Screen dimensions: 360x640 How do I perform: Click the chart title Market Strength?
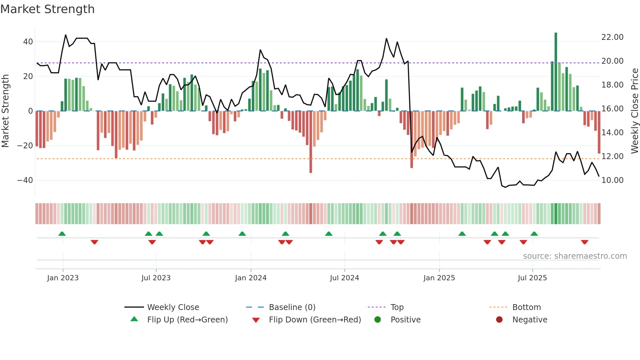(x=47, y=9)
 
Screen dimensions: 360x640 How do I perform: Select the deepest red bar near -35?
(x=311, y=142)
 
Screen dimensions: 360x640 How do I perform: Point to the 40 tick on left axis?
(x=28, y=42)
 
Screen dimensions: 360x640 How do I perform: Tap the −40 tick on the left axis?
(x=25, y=180)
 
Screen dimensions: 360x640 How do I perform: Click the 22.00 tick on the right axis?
(x=612, y=37)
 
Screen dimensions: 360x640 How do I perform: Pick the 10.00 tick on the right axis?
(x=612, y=180)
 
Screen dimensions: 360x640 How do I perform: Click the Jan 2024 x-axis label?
(x=251, y=278)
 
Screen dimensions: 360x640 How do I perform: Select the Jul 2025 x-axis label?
(x=532, y=278)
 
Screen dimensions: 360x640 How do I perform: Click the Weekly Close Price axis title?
(x=634, y=111)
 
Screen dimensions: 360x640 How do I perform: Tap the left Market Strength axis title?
(x=5, y=111)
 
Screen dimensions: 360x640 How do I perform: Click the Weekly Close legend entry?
(x=173, y=307)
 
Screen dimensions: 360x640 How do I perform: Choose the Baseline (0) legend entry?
(x=292, y=307)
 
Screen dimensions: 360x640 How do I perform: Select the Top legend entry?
(x=397, y=307)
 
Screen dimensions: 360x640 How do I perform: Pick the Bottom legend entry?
(x=526, y=307)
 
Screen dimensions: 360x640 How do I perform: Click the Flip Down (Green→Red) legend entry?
(x=315, y=320)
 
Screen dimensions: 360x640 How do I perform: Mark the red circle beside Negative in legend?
(x=499, y=320)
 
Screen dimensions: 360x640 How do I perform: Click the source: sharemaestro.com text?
(x=575, y=256)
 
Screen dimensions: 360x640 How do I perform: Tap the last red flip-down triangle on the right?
(x=584, y=242)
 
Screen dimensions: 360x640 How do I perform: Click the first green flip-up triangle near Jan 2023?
(x=62, y=234)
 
